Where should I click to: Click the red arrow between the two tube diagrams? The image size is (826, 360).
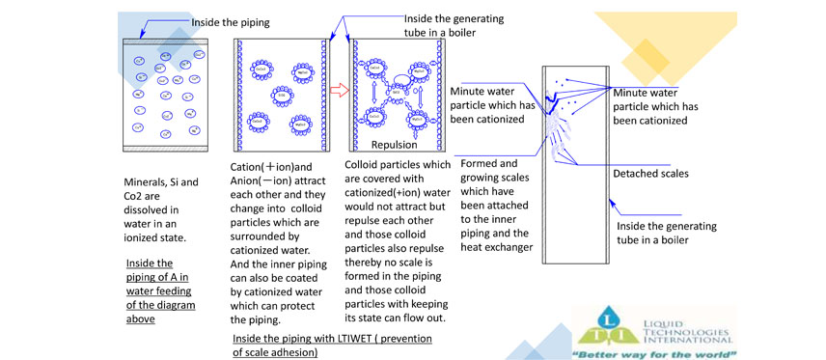[x=338, y=92]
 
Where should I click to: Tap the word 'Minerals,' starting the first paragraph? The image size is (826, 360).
[x=148, y=181]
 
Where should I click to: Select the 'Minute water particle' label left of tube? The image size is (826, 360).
[x=493, y=104]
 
